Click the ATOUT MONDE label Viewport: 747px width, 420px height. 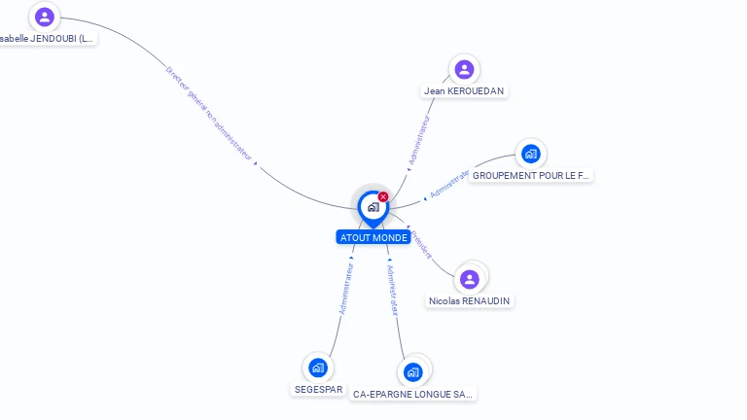pos(373,237)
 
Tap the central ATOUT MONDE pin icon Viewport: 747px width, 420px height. pos(373,207)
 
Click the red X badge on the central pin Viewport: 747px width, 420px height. pos(383,197)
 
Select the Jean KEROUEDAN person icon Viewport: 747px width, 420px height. pos(464,69)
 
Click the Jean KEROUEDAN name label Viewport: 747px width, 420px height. pos(465,90)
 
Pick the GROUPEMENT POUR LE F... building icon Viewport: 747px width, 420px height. pos(530,154)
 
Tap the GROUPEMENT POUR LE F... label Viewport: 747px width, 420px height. pos(531,176)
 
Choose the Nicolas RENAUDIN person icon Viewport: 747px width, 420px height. pos(470,279)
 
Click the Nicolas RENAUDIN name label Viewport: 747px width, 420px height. pos(470,301)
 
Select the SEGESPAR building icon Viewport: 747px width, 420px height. pos(317,367)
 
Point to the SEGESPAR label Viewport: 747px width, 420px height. pos(318,389)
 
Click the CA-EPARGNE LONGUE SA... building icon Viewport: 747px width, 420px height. pos(413,372)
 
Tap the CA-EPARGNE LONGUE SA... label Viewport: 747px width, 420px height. pos(413,395)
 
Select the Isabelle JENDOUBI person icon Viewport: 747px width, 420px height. pos(44,17)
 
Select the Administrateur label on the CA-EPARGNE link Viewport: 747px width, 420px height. pos(392,289)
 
